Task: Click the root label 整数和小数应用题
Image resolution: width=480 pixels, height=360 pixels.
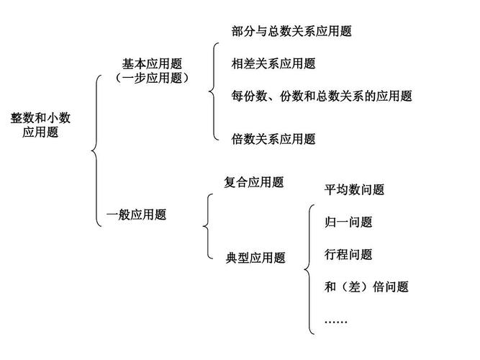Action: coord(40,125)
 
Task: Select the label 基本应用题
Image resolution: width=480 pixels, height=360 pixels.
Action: coord(152,64)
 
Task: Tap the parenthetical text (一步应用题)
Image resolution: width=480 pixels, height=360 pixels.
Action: coord(152,78)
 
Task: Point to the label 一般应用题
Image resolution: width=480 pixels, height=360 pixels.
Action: coord(136,214)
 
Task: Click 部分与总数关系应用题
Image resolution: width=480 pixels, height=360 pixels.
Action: coord(291,31)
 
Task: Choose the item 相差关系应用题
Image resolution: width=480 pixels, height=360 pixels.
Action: coord(273,63)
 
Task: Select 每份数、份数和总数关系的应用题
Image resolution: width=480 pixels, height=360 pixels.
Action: coord(322,96)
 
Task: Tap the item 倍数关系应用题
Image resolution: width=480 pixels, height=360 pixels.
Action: coord(273,139)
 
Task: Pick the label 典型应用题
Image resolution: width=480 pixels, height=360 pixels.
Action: coord(255,257)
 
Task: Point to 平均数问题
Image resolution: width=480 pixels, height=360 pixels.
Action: coord(354,189)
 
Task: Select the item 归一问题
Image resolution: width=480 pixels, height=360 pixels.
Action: coord(348,222)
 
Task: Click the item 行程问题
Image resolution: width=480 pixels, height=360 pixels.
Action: coord(348,254)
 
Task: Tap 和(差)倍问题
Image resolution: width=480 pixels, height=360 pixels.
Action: coord(366,287)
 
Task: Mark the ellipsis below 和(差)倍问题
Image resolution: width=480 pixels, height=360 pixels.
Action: coord(336,319)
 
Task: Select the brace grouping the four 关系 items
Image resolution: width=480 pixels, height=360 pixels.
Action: coord(213,89)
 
